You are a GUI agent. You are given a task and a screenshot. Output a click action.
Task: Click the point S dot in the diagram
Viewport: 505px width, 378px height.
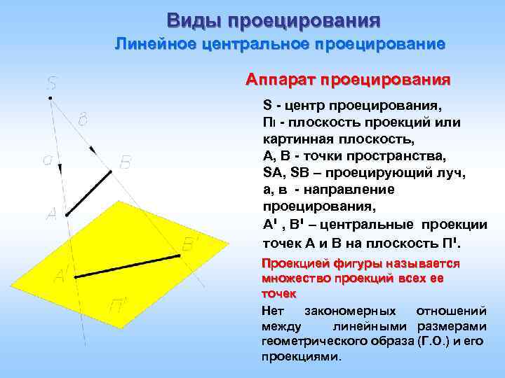point(50,98)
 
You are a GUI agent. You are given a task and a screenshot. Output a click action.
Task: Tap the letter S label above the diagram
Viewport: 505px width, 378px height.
point(52,83)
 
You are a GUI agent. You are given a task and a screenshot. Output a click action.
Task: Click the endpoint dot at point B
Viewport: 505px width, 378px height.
point(111,171)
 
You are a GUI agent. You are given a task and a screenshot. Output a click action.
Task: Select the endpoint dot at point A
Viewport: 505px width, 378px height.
point(67,214)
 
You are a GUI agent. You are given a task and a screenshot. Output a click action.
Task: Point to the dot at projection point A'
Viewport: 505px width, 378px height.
point(75,278)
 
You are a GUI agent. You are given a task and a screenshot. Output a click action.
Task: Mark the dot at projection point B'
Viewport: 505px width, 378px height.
point(180,256)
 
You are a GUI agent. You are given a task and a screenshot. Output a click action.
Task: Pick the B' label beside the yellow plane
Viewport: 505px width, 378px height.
point(191,244)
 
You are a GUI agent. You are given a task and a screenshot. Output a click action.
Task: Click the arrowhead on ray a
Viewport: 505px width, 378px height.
point(60,168)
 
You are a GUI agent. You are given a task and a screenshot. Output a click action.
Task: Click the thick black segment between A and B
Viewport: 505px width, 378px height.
point(89,192)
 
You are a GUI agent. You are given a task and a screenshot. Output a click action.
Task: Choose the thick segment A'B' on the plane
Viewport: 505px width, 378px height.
point(127,267)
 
